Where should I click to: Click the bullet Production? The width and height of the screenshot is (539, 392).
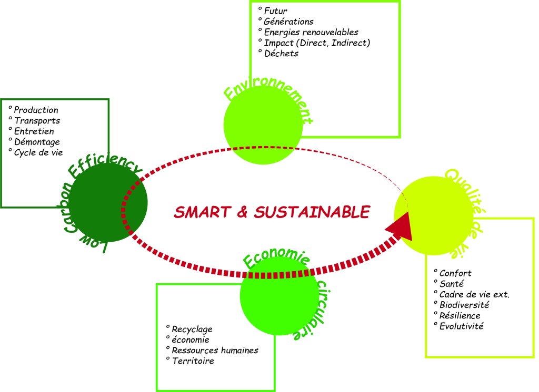[36, 110]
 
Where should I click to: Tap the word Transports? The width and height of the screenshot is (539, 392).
[37, 121]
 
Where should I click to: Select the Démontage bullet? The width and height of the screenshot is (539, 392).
[37, 142]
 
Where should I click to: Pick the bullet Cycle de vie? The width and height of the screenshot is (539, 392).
[38, 152]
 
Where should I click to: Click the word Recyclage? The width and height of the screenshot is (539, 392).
[192, 329]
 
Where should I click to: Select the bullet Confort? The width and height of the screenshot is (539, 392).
[455, 273]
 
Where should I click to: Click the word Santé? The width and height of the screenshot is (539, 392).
[452, 284]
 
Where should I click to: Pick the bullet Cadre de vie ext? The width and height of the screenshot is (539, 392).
[473, 294]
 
